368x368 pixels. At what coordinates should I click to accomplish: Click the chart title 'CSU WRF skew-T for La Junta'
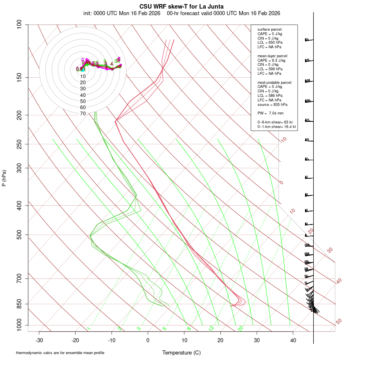[182, 6]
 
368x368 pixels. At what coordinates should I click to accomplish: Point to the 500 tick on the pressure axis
[19, 235]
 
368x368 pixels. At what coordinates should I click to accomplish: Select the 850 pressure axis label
[19, 304]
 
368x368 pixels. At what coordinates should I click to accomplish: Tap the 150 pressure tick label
[19, 77]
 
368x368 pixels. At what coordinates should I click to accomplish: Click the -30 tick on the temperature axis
[39, 340]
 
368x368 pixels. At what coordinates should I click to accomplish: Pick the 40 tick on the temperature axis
[293, 340]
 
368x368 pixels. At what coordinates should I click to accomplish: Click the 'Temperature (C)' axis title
[182, 353]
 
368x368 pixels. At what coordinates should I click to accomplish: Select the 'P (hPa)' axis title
[4, 178]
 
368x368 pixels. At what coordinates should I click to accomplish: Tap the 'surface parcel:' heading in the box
[270, 29]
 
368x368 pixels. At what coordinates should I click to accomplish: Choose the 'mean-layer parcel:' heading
[273, 56]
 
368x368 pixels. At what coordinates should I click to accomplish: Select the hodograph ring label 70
[83, 114]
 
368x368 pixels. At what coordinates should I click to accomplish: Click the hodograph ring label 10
[83, 76]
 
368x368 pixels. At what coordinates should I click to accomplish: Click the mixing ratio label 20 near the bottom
[240, 328]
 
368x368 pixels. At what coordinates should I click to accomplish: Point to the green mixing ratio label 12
[211, 328]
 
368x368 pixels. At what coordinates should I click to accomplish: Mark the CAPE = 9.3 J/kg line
[272, 60]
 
